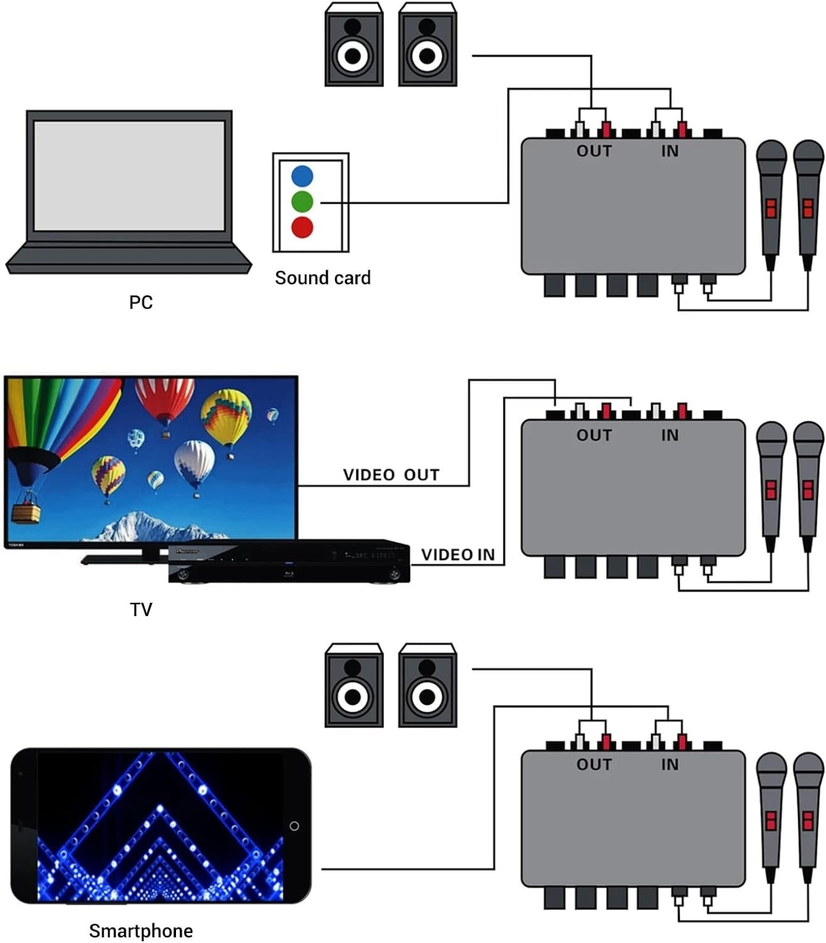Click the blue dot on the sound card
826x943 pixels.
pos(302,176)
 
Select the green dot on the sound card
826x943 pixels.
pos(302,202)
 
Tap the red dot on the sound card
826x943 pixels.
pos(302,227)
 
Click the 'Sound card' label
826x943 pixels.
pos(322,278)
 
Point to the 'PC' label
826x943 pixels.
pos(141,302)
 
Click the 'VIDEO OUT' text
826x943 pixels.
pos(391,475)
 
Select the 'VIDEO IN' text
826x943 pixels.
pos(458,554)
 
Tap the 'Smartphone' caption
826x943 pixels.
pos(141,931)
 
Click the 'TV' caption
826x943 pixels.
pos(141,609)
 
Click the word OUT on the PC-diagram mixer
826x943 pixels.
pos(594,151)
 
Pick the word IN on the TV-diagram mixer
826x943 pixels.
pos(669,435)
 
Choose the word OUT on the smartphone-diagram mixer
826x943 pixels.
pos(594,764)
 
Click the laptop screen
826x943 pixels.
pos(129,176)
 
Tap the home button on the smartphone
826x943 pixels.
pos(294,826)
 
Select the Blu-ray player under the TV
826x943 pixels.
pos(289,561)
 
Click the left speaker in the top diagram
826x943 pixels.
pos(353,45)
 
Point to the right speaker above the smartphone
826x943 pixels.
pos(427,686)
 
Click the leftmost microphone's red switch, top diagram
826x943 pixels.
pos(771,208)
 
